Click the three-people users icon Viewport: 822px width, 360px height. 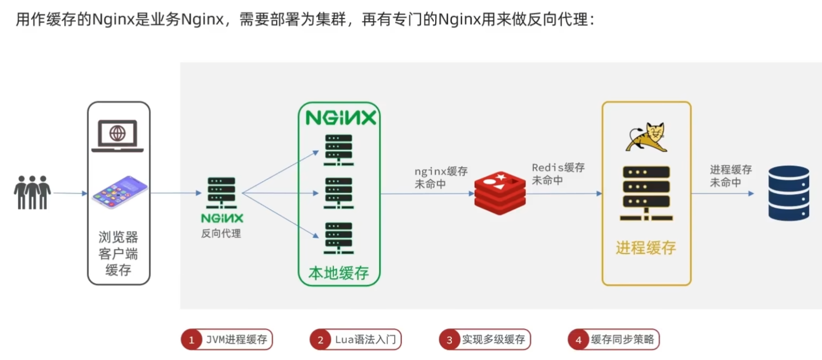[32, 192]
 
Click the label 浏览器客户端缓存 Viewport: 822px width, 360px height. [119, 253]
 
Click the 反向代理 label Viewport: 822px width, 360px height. [221, 234]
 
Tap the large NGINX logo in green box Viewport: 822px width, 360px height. [340, 118]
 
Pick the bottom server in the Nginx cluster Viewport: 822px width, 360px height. [338, 238]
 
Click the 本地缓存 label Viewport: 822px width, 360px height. [338, 273]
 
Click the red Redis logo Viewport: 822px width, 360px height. [500, 193]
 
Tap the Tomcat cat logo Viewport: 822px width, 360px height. [646, 137]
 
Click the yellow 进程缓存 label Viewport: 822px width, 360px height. [646, 248]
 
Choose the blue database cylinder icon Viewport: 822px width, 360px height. [789, 193]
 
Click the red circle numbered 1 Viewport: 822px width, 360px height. [191, 340]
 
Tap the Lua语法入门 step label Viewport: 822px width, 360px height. [365, 340]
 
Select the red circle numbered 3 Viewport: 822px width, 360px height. [449, 340]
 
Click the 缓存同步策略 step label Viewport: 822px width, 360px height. [622, 340]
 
